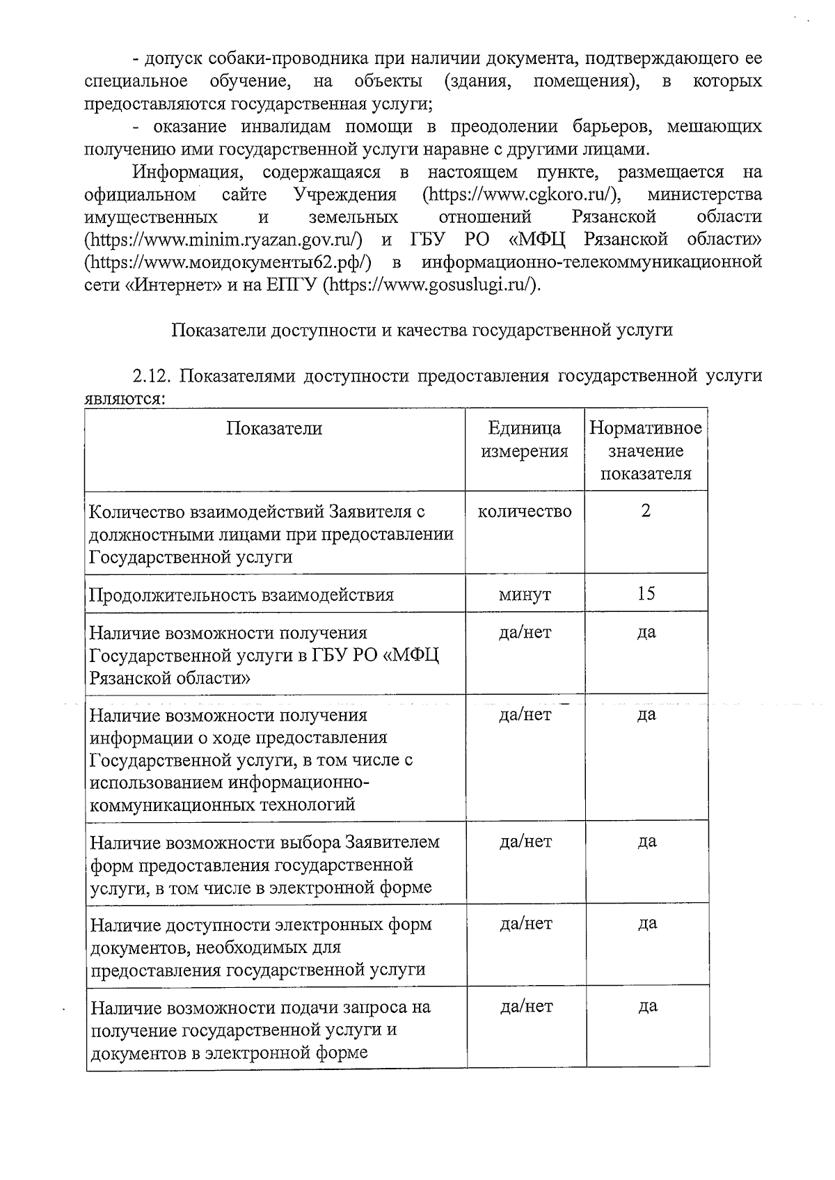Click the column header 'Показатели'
point(274,429)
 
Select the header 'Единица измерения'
point(525,440)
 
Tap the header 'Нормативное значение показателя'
point(646,451)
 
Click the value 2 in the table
point(646,511)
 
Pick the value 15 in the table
point(646,594)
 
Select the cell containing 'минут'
point(525,595)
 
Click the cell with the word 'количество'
point(525,512)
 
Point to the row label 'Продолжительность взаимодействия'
point(241,595)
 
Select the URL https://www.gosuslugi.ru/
point(432,285)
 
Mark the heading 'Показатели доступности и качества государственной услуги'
point(422,330)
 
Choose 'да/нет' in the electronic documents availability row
point(526,924)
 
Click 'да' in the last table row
point(647,1007)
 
